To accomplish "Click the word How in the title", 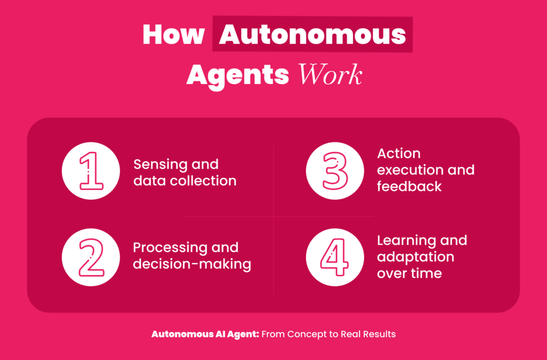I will tap(173, 35).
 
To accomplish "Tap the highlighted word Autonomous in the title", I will tap(312, 35).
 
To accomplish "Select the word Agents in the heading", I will tap(238, 75).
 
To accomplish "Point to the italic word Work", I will tap(330, 75).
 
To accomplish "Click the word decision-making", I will tap(192, 264).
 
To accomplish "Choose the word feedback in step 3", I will tap(409, 186).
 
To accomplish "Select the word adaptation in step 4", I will tap(415, 256).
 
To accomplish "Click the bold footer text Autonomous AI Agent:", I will tap(205, 334).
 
